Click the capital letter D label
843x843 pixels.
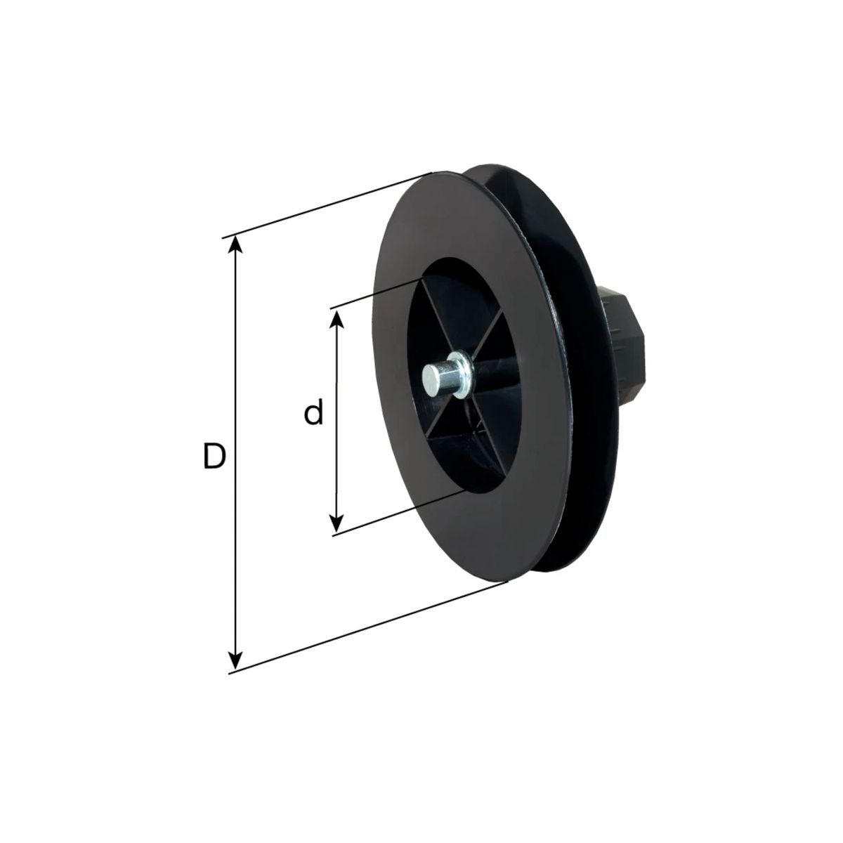click(x=214, y=455)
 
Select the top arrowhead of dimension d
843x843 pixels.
click(x=336, y=318)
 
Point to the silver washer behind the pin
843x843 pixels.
click(x=463, y=374)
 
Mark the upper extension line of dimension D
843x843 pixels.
click(x=327, y=205)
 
